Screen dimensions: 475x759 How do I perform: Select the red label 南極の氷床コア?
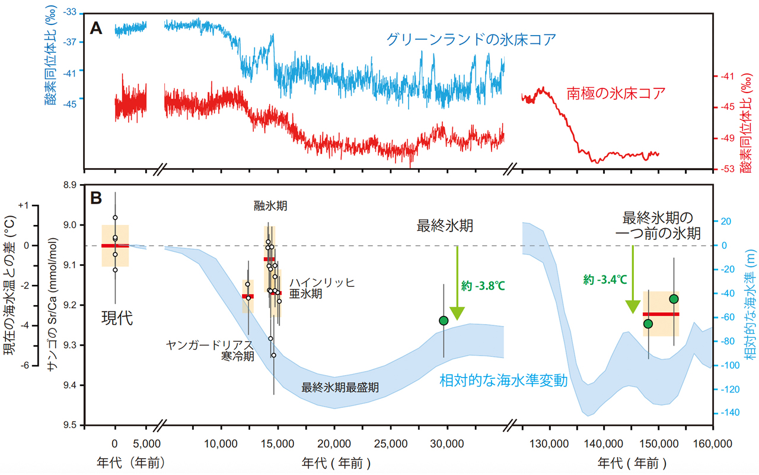[614, 93]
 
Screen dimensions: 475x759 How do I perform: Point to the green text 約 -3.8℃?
[483, 286]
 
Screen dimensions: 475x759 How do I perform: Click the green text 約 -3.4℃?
[604, 280]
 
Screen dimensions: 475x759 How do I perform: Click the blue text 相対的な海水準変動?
[503, 381]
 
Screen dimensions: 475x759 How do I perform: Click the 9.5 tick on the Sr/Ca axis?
[71, 425]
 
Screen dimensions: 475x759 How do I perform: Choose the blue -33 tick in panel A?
[71, 11]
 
